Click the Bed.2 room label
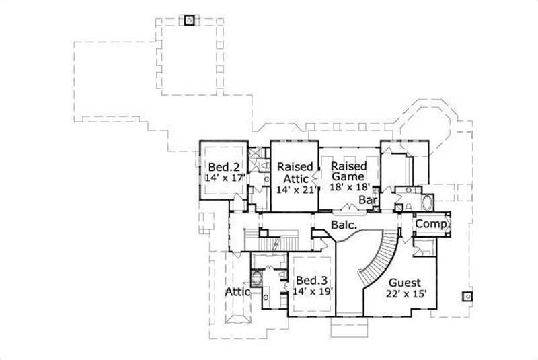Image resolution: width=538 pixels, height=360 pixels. (x=221, y=167)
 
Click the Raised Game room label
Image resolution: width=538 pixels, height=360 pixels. (x=348, y=172)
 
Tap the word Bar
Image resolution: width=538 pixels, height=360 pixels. (x=367, y=200)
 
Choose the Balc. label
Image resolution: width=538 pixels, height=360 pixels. (x=343, y=227)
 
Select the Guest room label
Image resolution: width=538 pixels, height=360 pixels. (x=404, y=283)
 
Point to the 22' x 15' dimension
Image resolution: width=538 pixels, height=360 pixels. (x=408, y=294)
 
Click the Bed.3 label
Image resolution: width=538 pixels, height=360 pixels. (x=311, y=280)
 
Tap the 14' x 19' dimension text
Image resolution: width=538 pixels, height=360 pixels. (x=313, y=292)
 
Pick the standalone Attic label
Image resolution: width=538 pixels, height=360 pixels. (x=237, y=292)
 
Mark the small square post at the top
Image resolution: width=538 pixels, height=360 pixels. (x=190, y=20)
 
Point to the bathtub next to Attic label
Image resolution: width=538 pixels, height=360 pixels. (x=256, y=278)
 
